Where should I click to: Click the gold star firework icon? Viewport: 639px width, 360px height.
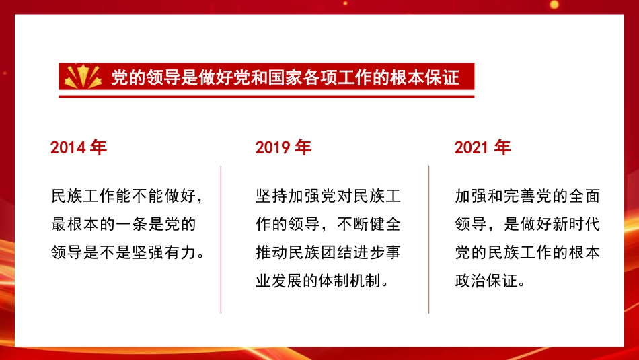click(83, 77)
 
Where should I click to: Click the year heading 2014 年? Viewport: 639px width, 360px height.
click(79, 147)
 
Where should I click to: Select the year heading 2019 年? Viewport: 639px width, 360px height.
click(283, 147)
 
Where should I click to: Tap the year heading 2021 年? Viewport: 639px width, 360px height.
click(482, 147)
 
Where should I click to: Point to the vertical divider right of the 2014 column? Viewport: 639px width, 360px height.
click(221, 239)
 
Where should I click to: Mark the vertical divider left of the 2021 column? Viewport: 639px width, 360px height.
click(428, 239)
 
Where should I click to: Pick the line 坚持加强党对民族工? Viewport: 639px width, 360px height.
click(328, 196)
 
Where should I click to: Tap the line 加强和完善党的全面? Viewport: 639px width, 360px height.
click(527, 196)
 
